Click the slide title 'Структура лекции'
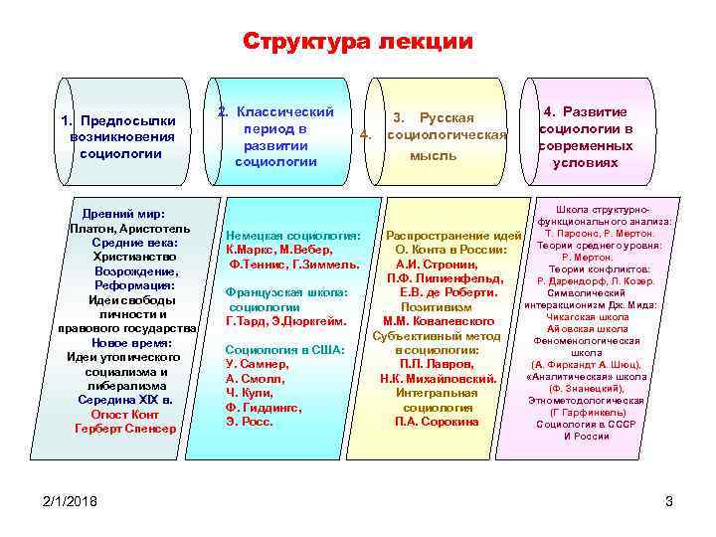click(358, 42)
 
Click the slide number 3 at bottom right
click(669, 500)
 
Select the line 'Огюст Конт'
click(124, 414)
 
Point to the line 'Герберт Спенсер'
click(124, 429)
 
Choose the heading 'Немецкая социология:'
click(293, 236)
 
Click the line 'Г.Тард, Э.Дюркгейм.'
click(286, 321)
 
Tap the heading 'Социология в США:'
click(284, 350)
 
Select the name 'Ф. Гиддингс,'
click(260, 407)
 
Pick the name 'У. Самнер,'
click(257, 365)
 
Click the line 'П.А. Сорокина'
click(438, 422)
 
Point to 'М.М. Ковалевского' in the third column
click(439, 321)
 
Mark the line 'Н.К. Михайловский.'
click(439, 379)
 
